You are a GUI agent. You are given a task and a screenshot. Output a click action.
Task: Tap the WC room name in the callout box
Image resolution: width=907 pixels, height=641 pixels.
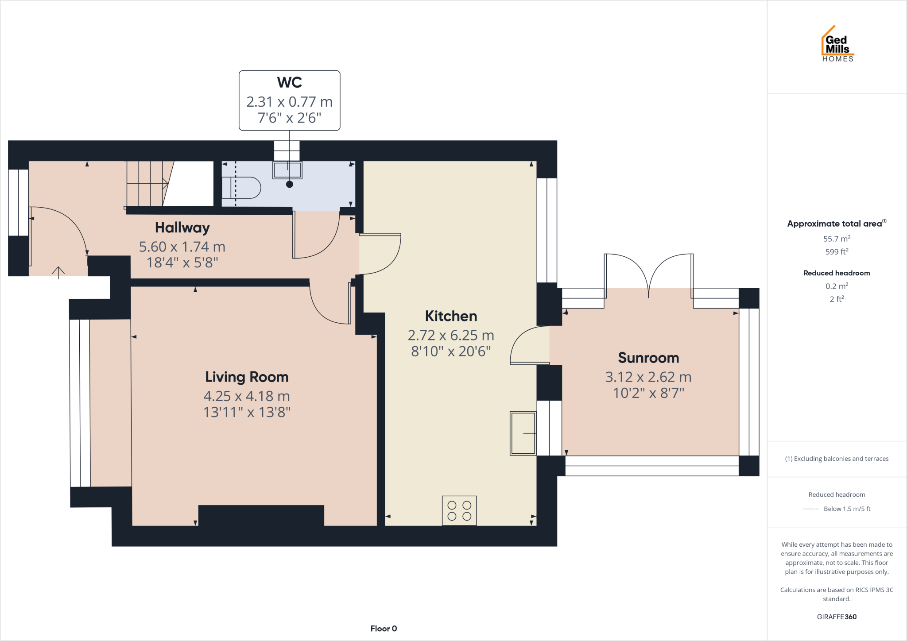290,82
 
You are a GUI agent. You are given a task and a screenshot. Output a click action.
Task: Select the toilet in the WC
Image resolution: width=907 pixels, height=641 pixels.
241,188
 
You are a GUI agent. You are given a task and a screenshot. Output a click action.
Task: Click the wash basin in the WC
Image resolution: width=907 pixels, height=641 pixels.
287,170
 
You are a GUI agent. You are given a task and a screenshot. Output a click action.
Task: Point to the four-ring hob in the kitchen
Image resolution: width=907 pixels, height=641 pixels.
459,510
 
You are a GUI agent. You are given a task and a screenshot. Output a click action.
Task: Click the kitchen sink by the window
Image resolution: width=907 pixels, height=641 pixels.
523,433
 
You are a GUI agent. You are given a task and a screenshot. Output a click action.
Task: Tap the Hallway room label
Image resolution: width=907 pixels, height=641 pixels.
182,228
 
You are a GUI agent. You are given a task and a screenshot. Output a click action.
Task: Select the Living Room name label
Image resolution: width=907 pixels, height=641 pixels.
247,377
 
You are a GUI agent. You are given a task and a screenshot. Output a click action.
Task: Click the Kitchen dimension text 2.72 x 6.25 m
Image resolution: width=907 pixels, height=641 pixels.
451,336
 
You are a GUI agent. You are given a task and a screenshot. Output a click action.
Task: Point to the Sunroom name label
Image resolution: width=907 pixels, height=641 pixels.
648,358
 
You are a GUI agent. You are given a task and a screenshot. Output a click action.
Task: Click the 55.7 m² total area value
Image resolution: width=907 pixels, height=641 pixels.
837,239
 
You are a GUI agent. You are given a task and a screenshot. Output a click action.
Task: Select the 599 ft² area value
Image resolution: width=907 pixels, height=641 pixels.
837,251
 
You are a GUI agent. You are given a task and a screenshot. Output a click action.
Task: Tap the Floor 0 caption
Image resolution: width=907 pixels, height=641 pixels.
384,629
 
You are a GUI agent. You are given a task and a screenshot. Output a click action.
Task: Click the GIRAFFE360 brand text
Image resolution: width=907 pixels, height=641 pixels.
837,617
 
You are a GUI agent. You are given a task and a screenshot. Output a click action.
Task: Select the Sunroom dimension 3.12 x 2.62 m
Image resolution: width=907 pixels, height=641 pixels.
648,377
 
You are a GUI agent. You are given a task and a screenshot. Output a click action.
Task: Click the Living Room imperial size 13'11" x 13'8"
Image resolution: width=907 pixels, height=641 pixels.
247,412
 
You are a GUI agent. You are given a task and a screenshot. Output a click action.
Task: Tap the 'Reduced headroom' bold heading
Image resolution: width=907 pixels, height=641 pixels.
837,273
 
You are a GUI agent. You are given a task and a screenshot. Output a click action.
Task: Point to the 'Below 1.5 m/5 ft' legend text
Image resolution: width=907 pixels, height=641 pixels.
847,509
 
